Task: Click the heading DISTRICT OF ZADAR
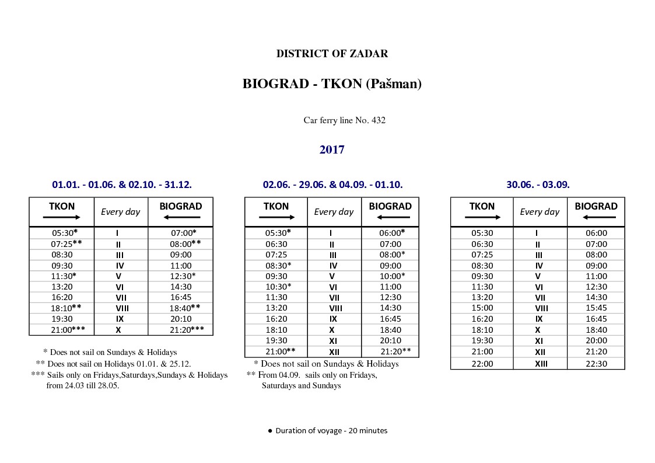(x=332, y=54)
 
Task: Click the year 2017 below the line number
(x=332, y=149)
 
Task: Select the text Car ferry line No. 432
(x=344, y=120)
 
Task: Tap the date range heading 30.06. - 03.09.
(x=538, y=184)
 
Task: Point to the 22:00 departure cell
(x=482, y=363)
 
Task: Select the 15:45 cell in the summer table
(x=596, y=308)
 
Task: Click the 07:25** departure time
(x=66, y=243)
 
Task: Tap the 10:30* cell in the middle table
(x=278, y=287)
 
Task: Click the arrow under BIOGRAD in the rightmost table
(x=596, y=217)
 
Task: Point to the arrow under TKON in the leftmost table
(x=61, y=217)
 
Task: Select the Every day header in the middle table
(x=334, y=212)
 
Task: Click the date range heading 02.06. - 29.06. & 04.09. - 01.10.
(x=332, y=184)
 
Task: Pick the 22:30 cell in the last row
(x=596, y=363)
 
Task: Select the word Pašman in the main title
(x=394, y=84)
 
